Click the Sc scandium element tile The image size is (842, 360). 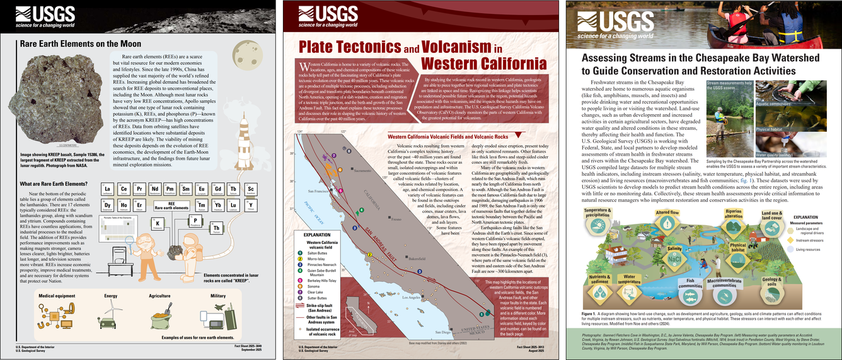point(251,190)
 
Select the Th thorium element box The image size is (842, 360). point(216,228)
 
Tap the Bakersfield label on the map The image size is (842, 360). point(417,258)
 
